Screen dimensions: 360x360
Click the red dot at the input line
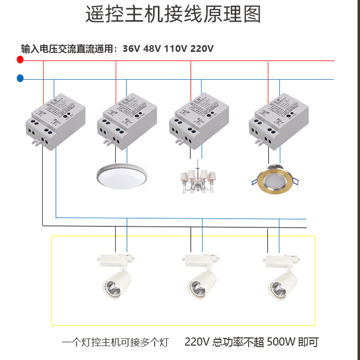[x=19, y=60]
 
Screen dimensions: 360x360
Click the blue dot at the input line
[x=20, y=79]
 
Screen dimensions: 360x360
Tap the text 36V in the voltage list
[x=131, y=49]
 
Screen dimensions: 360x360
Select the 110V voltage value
[x=175, y=49]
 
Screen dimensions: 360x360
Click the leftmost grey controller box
[x=56, y=124]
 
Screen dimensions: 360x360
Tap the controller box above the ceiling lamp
[x=127, y=122]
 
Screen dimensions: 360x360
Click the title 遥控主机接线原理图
[x=174, y=15]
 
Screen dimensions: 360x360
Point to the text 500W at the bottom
[x=281, y=342]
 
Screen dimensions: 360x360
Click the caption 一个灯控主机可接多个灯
[x=115, y=342]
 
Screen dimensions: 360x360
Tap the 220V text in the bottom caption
[x=197, y=342]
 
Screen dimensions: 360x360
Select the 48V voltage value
[x=152, y=49]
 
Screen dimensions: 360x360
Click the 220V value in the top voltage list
[x=202, y=49]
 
